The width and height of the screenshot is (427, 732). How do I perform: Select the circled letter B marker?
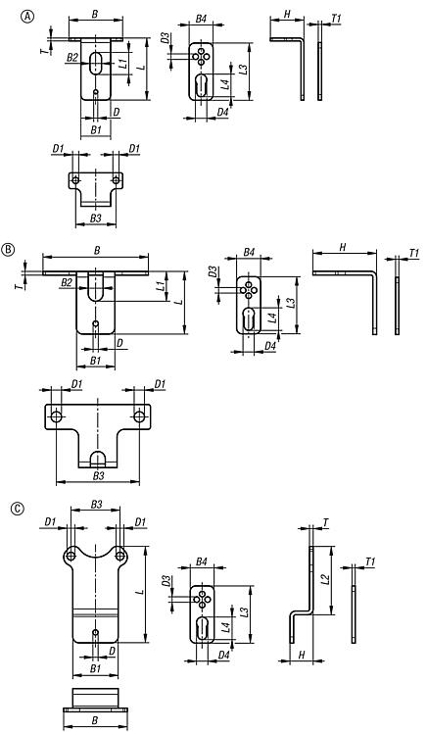click(x=9, y=249)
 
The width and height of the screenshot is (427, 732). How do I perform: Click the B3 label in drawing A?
click(x=94, y=217)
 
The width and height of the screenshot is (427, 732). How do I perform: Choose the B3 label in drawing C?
click(x=96, y=505)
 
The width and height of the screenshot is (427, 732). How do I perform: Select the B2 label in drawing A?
click(x=71, y=60)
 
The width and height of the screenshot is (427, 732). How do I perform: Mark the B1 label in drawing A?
click(x=95, y=129)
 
